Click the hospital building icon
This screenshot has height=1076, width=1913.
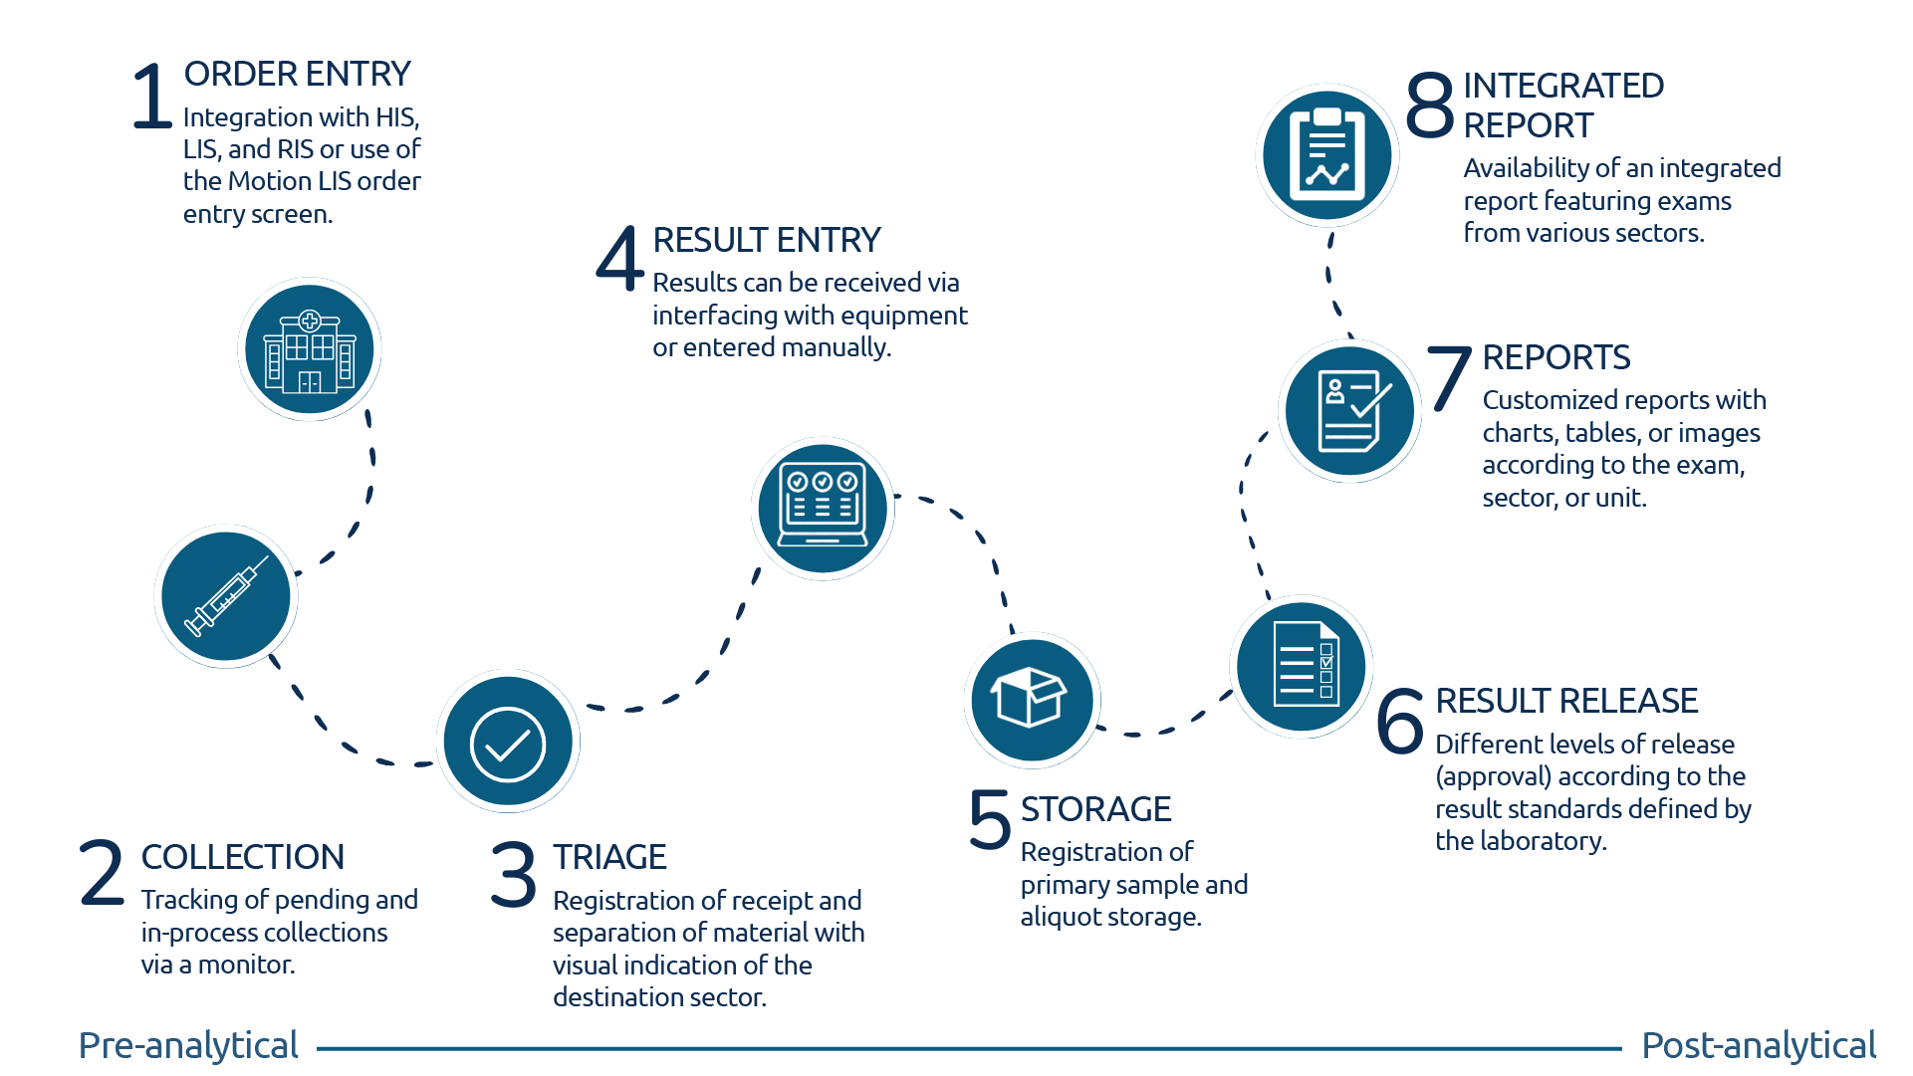tap(310, 349)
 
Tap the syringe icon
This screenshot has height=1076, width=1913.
tap(226, 597)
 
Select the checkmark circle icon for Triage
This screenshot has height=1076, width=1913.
tap(508, 743)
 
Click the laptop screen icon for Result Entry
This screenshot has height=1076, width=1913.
tap(823, 509)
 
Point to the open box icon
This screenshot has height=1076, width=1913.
tap(1032, 700)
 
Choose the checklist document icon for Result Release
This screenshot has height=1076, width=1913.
tap(1302, 666)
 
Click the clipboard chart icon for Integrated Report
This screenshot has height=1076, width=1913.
tap(1327, 155)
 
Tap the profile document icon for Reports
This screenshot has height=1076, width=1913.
tap(1349, 411)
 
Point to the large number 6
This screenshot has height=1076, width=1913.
tap(1400, 721)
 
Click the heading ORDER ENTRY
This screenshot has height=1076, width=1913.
tap(297, 75)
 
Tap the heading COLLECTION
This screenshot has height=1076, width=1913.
tap(243, 857)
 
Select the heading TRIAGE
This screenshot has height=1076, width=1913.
tap(609, 857)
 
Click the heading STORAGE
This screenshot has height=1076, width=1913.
tap(1095, 809)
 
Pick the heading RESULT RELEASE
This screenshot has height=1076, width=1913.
tap(1566, 701)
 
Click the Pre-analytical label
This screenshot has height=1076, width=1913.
tap(188, 1045)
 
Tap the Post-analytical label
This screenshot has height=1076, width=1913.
tap(1759, 1045)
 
